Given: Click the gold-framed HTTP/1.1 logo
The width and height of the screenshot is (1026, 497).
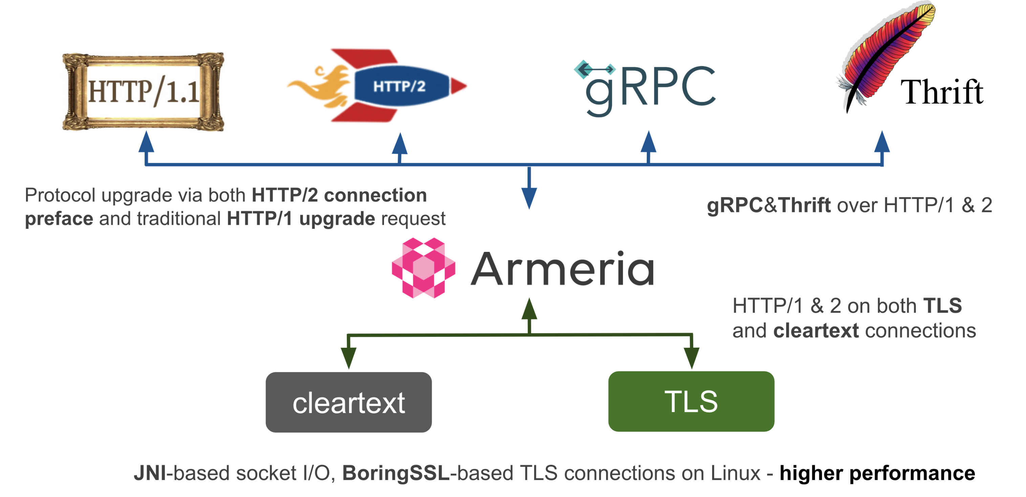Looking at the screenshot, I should coord(143,92).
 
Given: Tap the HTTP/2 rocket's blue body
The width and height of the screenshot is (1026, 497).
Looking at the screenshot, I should coord(400,86).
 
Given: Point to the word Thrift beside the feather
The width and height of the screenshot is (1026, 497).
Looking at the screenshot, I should coord(942,92).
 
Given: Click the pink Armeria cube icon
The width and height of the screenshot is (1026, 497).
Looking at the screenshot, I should coord(423,268).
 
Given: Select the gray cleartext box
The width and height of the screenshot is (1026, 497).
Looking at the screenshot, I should coord(348,402).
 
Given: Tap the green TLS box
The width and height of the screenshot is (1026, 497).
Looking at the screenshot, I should coord(691,402).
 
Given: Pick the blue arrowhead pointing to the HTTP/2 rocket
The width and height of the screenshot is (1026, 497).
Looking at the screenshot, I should coord(400,144).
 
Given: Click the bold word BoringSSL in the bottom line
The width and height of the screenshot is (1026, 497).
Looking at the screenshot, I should coord(396,473).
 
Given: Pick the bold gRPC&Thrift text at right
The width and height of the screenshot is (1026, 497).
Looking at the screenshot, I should coord(769,206).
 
